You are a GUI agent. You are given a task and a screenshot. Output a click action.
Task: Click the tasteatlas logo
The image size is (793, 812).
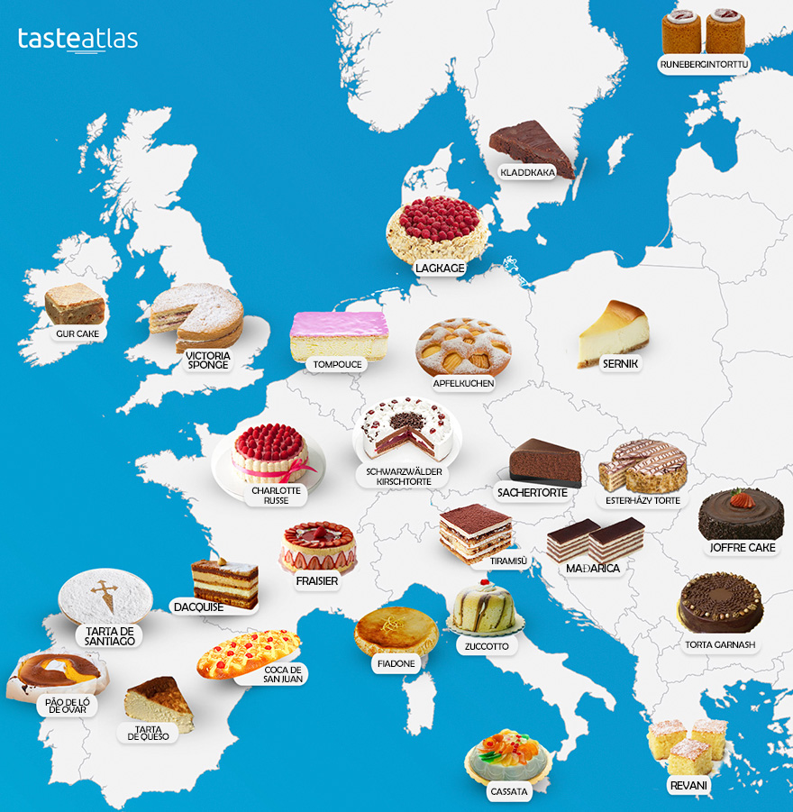(77, 40)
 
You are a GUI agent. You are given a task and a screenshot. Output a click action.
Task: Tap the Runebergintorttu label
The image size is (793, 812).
(705, 64)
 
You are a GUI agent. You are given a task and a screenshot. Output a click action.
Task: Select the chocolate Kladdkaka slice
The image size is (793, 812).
(532, 147)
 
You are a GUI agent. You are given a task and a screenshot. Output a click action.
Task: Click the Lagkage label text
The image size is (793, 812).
(440, 268)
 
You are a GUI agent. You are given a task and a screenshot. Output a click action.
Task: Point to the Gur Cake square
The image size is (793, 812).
(74, 304)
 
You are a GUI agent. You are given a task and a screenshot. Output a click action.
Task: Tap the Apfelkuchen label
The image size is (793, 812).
(464, 383)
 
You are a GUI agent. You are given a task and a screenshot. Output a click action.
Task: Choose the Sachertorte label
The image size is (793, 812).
(533, 493)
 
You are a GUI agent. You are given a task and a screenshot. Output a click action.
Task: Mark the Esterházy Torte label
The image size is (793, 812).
(643, 500)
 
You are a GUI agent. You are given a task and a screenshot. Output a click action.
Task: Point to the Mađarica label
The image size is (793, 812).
(593, 569)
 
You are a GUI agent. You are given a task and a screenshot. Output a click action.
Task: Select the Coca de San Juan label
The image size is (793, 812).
(283, 674)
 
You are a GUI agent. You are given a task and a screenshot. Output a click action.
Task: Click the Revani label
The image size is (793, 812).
(688, 786)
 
